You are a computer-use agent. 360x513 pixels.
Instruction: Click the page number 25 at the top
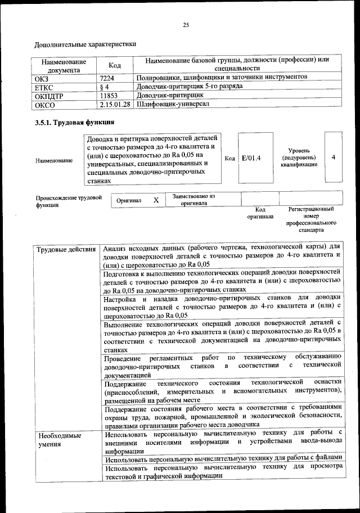[186, 24]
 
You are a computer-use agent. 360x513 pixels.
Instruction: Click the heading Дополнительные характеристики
[85, 44]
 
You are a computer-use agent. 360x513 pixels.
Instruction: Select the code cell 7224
[107, 77]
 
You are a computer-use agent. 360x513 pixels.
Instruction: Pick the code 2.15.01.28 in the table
[115, 104]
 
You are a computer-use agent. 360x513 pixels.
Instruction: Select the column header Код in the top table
[115, 66]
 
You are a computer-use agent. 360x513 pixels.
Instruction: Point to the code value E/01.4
[251, 158]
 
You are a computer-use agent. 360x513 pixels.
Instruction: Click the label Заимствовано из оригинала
[194, 200]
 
